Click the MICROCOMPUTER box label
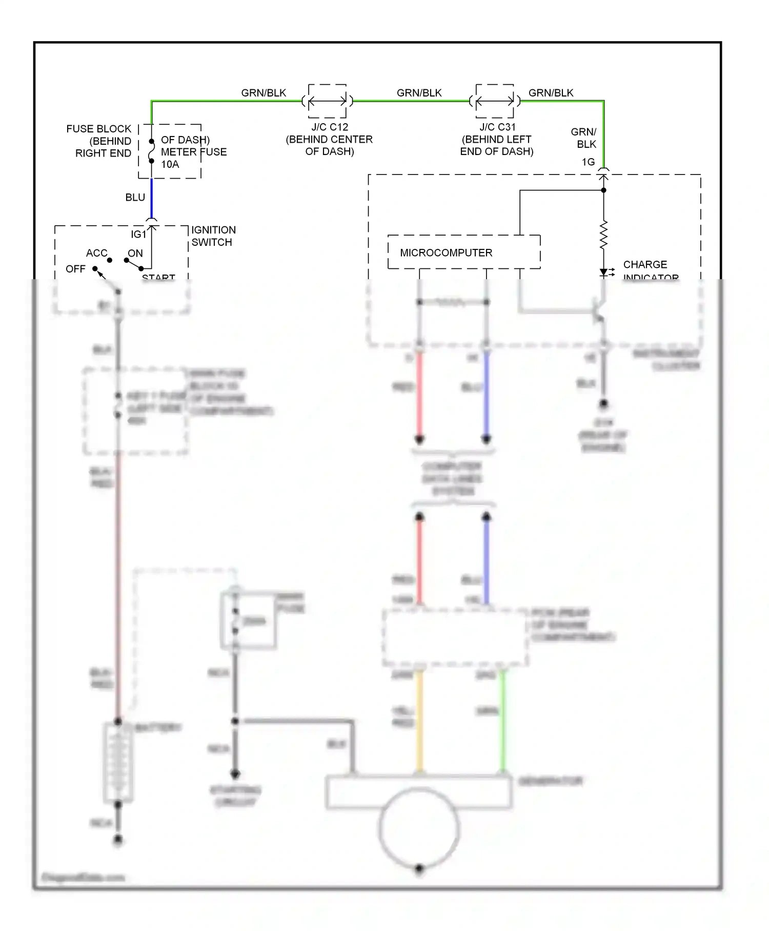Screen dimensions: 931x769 tap(446, 253)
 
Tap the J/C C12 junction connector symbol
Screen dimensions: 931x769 tap(328, 101)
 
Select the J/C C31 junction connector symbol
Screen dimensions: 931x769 tap(495, 101)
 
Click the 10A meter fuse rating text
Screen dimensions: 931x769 tap(170, 164)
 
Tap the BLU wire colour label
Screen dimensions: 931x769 tap(135, 197)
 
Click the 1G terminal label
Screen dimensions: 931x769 tap(588, 162)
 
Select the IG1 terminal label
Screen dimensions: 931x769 tap(138, 234)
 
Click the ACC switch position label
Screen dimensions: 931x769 tap(96, 253)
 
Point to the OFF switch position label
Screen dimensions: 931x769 tap(75, 269)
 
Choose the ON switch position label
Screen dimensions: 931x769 tap(135, 253)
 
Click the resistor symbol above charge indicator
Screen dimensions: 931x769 tap(603, 234)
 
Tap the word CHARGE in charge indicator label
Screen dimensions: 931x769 tap(645, 264)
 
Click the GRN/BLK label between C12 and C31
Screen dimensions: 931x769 tap(419, 93)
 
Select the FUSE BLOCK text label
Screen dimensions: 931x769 tap(98, 129)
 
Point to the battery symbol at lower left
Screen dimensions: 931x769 tap(118, 763)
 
